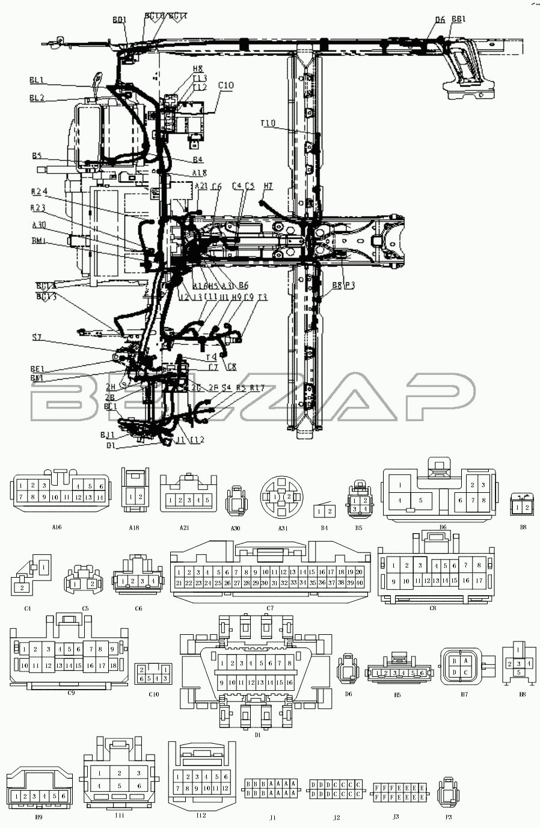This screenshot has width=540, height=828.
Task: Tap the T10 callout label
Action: [268, 123]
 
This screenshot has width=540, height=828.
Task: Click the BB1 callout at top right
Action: [459, 20]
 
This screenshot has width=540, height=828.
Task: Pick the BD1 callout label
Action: [119, 20]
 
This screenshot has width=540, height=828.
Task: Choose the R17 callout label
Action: [257, 388]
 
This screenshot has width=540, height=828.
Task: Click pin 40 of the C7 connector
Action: [359, 582]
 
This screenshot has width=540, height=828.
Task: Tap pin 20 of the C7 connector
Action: [359, 572]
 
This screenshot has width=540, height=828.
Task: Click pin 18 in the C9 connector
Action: [113, 666]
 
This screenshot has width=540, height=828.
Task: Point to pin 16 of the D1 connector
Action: [289, 682]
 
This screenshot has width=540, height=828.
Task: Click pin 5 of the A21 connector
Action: [207, 500]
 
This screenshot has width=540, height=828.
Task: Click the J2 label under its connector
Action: [336, 817]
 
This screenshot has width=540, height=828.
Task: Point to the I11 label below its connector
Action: [119, 815]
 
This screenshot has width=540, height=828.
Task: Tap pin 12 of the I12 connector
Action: [226, 788]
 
